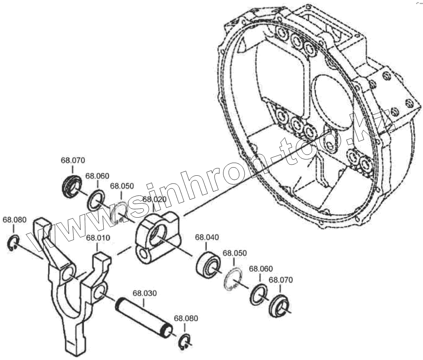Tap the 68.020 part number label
tap(154, 199)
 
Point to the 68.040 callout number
tap(207, 237)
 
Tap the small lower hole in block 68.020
tap(143, 255)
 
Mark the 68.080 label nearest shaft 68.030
tap(186, 319)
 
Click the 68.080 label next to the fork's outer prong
tap(14, 220)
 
